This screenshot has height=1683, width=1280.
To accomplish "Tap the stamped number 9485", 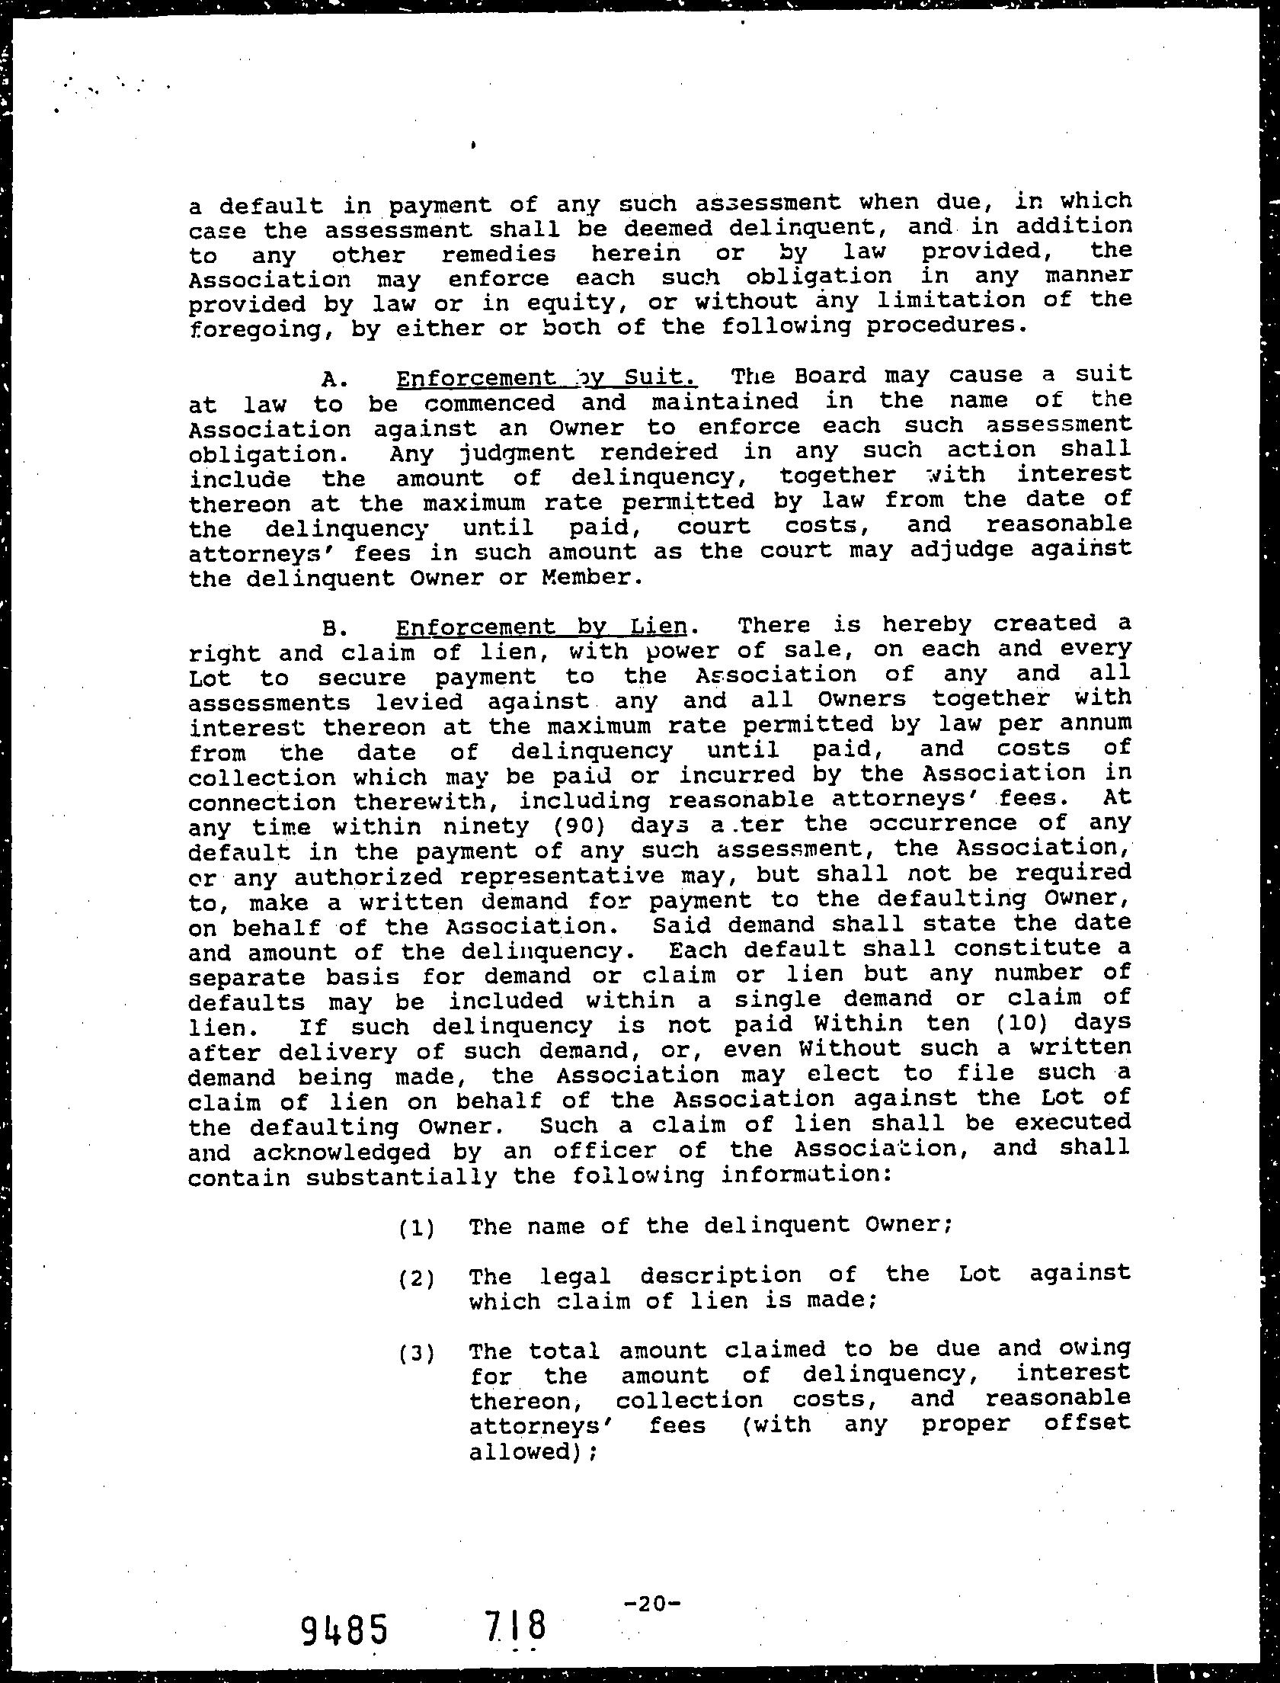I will click(x=344, y=1626).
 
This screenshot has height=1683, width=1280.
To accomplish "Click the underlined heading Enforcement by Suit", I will click(x=546, y=378).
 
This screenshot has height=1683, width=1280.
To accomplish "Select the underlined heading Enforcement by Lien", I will click(x=541, y=627).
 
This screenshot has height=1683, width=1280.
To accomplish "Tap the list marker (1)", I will click(x=416, y=1228).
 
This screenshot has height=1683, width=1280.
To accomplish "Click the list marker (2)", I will click(x=416, y=1278).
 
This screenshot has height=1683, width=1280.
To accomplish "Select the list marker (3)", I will click(x=416, y=1354).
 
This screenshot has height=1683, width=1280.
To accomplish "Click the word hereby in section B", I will click(x=926, y=624).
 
